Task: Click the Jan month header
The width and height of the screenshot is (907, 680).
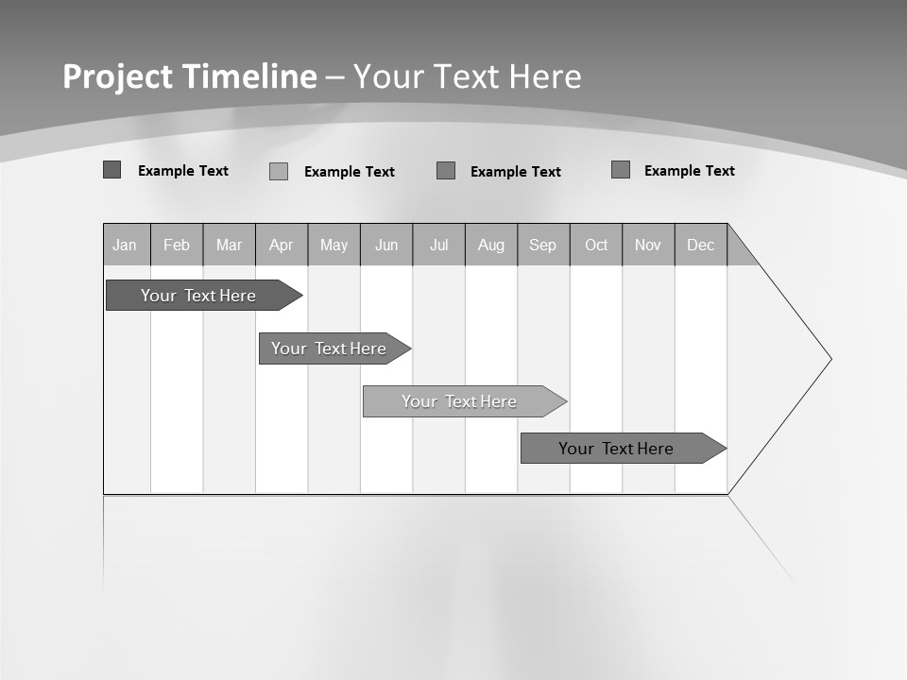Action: click(x=126, y=245)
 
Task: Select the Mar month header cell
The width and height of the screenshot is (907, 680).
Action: click(x=229, y=245)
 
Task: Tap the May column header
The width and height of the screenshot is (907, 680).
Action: click(x=334, y=245)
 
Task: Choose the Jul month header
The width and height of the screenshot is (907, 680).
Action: click(x=438, y=245)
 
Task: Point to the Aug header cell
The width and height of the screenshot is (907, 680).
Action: click(x=491, y=245)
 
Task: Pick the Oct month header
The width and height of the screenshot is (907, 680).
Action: click(x=596, y=245)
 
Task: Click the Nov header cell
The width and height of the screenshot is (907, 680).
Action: click(x=648, y=245)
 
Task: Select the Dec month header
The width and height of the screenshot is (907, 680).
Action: click(x=700, y=245)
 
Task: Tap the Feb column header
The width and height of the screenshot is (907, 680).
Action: click(x=177, y=245)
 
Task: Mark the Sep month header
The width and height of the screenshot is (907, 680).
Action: click(x=543, y=245)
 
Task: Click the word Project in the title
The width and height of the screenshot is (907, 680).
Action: click(x=118, y=76)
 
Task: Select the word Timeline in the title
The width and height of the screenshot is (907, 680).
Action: click(x=248, y=76)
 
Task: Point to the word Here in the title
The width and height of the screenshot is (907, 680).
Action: click(x=546, y=76)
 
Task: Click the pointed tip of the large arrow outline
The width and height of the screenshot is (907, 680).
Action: click(x=829, y=359)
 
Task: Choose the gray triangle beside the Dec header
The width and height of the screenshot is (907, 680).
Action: click(x=738, y=251)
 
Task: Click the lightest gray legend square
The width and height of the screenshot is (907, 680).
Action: click(x=279, y=171)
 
